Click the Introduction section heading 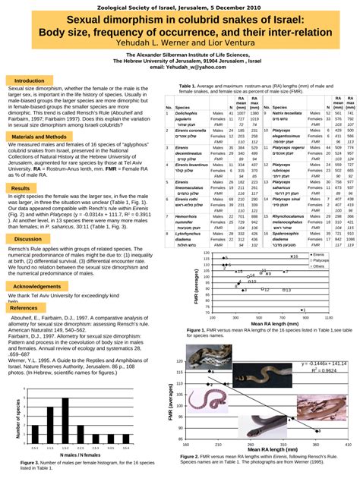(30, 80)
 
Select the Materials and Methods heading (38, 137)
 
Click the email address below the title (179, 68)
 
